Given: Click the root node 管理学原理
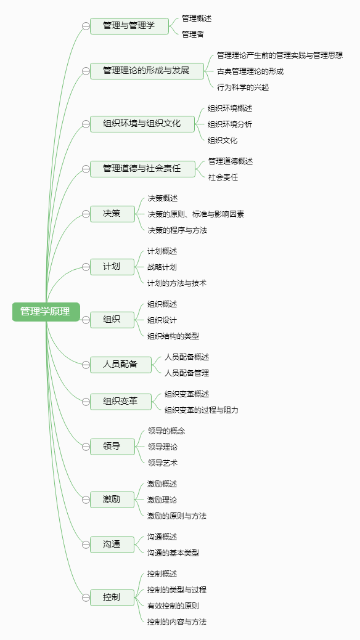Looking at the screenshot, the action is (x=46, y=312).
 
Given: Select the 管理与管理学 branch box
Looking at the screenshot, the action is (x=129, y=26).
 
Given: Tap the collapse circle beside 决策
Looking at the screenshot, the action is (x=86, y=214).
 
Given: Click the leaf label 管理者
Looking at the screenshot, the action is (x=193, y=34).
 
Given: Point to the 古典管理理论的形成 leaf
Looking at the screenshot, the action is (x=250, y=71).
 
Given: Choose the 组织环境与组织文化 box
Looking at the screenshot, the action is (x=142, y=124).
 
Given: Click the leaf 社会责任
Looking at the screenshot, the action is (x=223, y=177).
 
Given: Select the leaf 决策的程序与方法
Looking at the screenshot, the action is (x=178, y=230).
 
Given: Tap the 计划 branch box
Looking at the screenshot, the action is (x=112, y=267).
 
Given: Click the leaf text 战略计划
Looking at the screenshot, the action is (x=162, y=267).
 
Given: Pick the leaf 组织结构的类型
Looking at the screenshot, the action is (x=173, y=336).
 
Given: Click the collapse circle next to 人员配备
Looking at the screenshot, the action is (x=86, y=365).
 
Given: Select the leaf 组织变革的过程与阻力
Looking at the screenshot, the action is (x=202, y=410).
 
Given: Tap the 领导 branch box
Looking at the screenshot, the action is (x=112, y=447).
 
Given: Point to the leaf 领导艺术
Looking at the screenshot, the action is (x=163, y=463).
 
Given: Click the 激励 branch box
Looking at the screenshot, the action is (x=112, y=500).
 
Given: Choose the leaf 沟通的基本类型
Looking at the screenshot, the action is (x=173, y=553).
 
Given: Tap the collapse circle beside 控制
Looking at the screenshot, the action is (x=86, y=597).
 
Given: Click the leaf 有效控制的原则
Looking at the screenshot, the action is (x=173, y=606).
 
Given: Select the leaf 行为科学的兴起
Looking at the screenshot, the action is (x=243, y=87).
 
